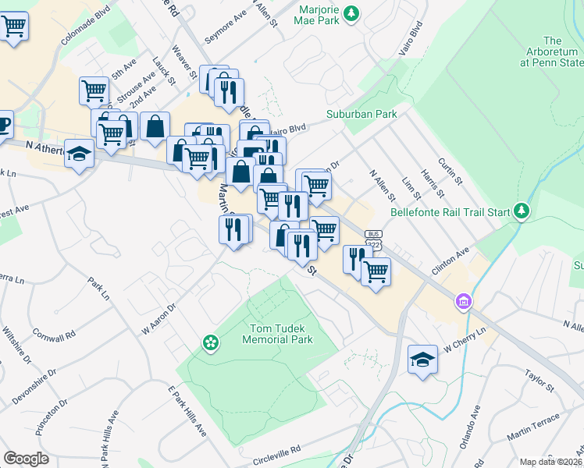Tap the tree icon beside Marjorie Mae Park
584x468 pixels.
[352, 12]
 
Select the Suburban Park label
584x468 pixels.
[361, 114]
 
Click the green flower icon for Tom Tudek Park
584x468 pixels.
[210, 342]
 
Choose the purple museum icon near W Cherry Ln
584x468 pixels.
[464, 301]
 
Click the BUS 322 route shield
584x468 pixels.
[376, 239]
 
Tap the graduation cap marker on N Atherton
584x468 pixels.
[79, 154]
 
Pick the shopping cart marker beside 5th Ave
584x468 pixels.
[94, 90]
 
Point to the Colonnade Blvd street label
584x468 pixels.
[86, 25]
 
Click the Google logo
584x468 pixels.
[26, 458]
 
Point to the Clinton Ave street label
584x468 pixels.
[450, 263]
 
